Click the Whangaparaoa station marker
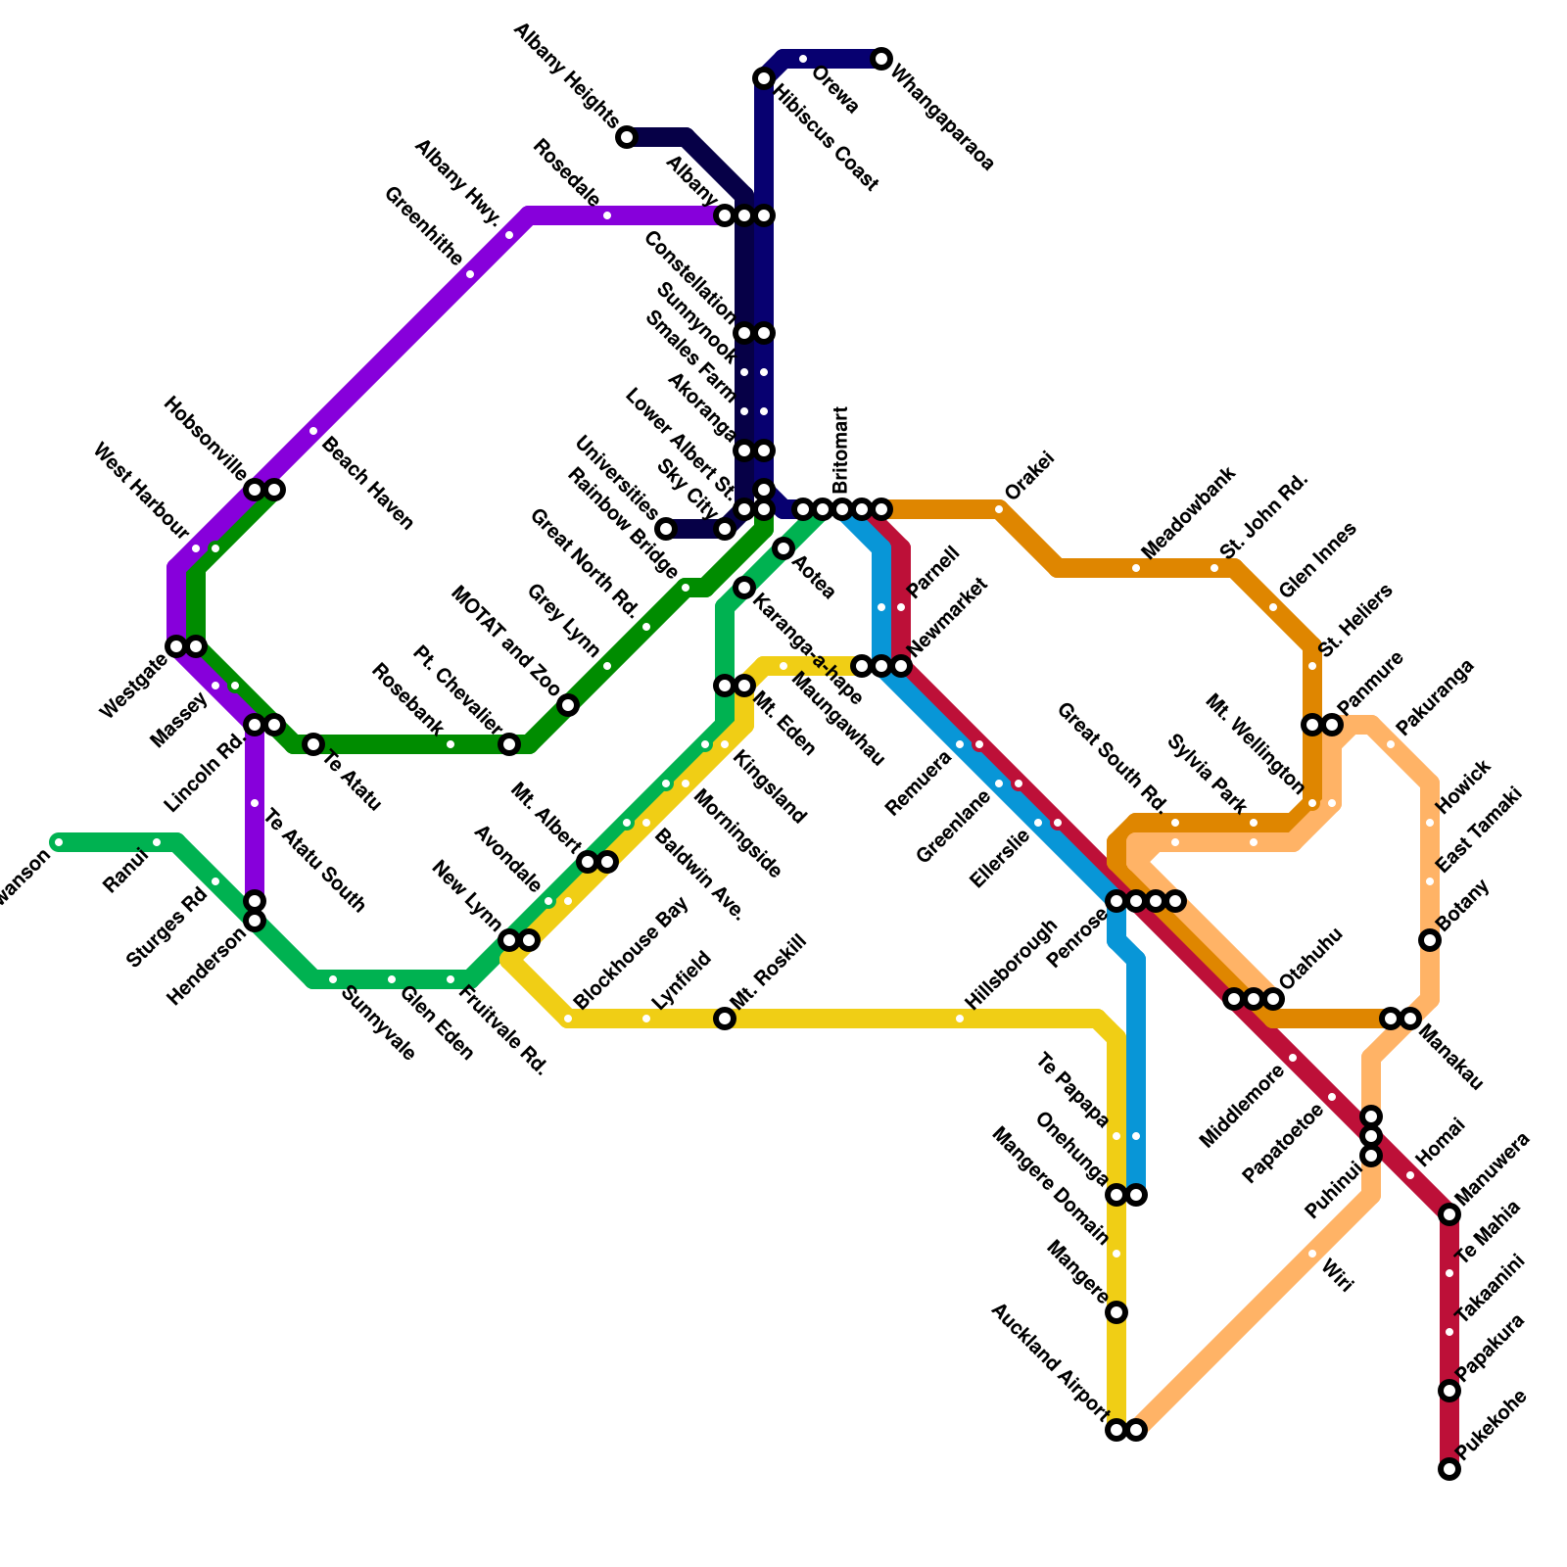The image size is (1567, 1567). point(881,59)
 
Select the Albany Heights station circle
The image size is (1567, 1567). point(627,137)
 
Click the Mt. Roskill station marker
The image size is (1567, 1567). point(725,1019)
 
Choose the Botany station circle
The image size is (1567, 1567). point(1430,940)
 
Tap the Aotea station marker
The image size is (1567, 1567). point(783,548)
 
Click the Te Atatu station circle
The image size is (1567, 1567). point(313,744)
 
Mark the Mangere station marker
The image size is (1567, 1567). point(1116,1312)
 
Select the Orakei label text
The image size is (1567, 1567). point(1029,475)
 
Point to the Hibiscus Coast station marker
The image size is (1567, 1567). point(764,78)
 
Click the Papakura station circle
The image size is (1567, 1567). point(1449,1391)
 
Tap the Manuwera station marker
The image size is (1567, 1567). point(1449,1214)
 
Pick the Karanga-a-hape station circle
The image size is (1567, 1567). point(744,588)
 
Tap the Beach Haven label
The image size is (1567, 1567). point(367,483)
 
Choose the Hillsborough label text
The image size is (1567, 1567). point(1011,965)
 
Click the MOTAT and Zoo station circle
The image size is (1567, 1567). point(568,705)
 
